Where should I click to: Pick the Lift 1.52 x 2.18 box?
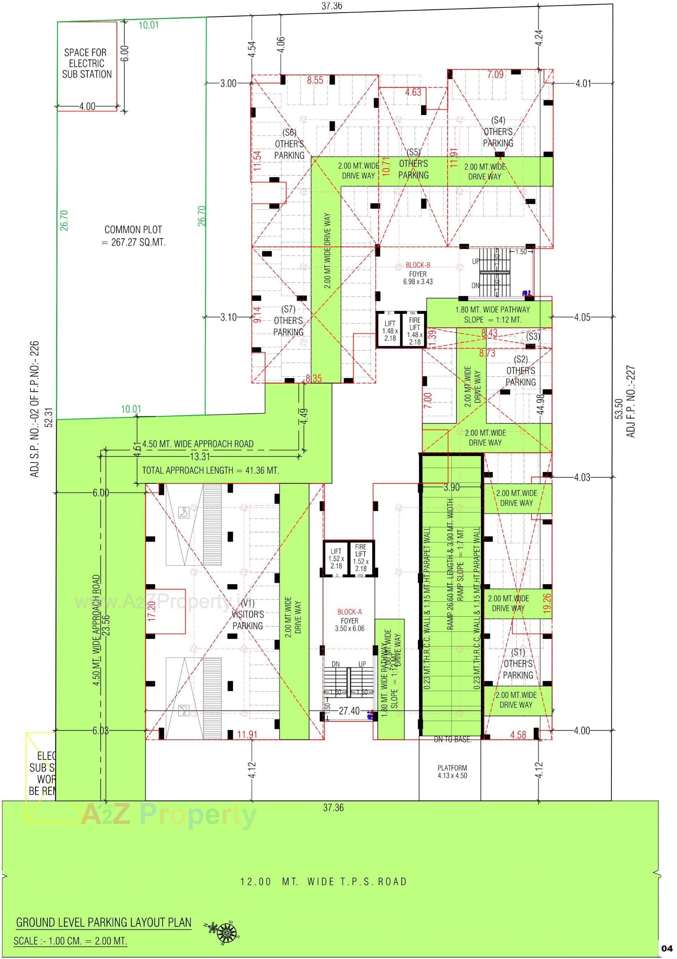[x=336, y=558]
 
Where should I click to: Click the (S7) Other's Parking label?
[x=288, y=321]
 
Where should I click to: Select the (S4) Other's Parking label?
[x=498, y=132]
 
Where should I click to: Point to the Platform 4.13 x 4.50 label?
[x=452, y=772]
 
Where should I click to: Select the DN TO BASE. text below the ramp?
[x=452, y=740]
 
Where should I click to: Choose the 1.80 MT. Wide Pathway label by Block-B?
[x=492, y=314]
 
